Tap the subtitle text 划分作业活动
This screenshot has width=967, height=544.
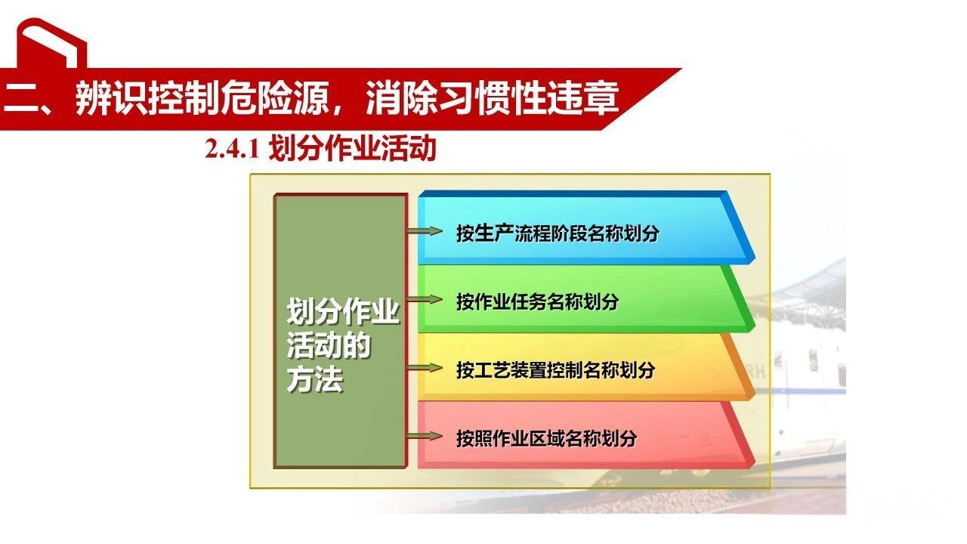pos(352,149)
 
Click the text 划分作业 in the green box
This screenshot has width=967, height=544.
pos(342,312)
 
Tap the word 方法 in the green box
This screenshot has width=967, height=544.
pos(315,379)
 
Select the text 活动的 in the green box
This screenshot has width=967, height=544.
pos(329,346)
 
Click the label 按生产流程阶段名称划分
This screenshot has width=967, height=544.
pos(557,233)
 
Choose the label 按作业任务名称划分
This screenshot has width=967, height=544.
pos(537,301)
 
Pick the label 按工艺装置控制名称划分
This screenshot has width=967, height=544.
pos(555,370)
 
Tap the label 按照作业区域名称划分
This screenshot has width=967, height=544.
pos(546,438)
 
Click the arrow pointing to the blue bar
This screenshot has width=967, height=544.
pos(424,230)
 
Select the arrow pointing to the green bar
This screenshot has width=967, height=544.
pos(424,299)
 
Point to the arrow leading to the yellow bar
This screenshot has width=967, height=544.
pos(424,368)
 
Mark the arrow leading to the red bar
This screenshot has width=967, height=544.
pos(424,436)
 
